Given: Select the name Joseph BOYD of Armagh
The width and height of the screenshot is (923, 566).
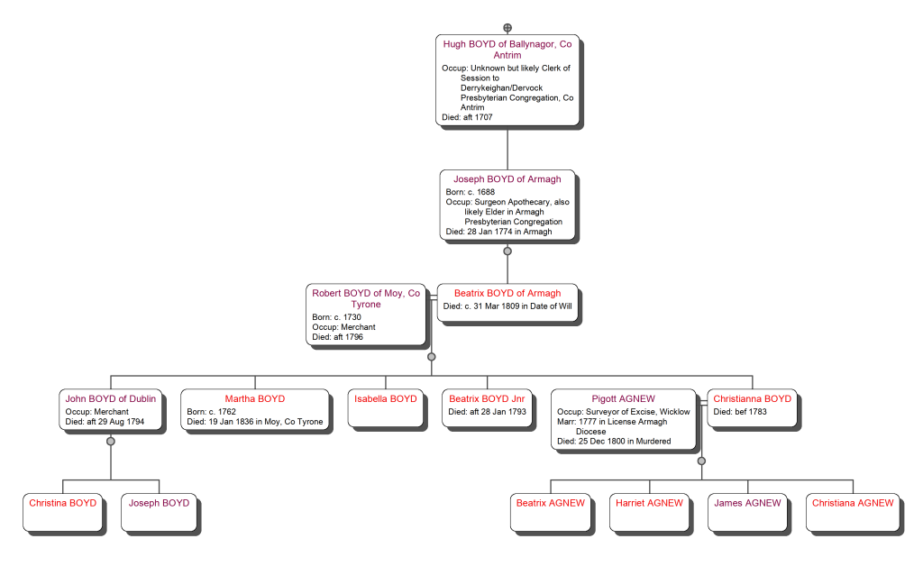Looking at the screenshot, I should coord(507,179).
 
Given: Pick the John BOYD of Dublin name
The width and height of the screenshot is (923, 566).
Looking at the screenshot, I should coord(111,398).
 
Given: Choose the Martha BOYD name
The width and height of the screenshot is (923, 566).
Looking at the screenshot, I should coord(255,398).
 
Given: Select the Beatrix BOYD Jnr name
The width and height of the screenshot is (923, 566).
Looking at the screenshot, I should coord(487,398).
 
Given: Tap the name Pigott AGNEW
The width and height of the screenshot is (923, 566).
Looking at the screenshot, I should coord(624,398).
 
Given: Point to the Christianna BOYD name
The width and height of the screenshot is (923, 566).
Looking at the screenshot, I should coord(752,398).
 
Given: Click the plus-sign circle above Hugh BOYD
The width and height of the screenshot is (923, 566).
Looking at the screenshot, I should coord(507,28).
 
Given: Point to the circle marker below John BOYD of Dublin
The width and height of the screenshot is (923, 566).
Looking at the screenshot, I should coord(111,442).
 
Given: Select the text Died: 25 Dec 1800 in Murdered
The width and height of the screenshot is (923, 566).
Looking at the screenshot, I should coord(614,442).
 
